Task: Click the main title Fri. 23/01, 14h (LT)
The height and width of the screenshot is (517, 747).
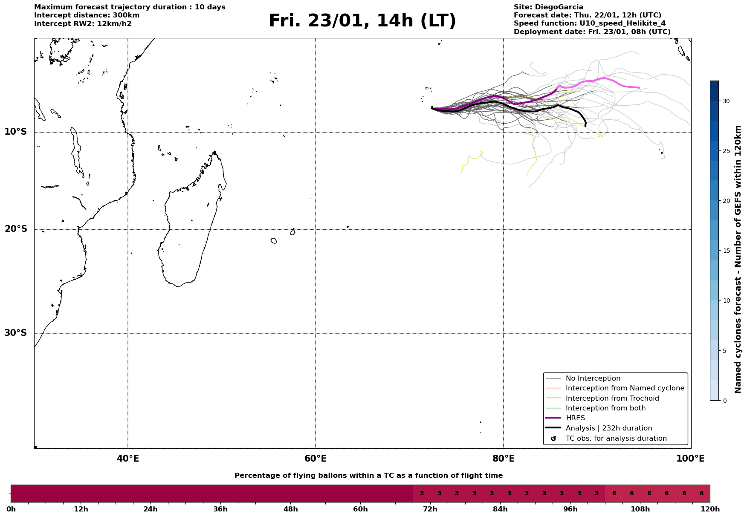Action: (362, 21)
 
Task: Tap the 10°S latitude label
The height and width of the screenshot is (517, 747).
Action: (16, 132)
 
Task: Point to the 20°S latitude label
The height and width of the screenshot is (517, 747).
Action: (16, 229)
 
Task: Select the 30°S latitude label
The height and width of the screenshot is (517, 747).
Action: (16, 333)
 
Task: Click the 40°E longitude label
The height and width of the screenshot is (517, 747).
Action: (128, 459)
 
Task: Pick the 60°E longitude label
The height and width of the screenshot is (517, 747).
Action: (316, 459)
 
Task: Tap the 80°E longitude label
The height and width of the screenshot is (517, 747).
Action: (503, 459)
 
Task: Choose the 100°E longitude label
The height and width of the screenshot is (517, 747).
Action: (690, 459)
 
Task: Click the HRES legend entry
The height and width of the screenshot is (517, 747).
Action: (575, 418)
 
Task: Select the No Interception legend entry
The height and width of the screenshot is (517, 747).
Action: (593, 378)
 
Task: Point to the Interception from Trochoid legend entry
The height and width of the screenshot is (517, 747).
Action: (612, 399)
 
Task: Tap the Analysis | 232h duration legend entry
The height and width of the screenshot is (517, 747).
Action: (608, 428)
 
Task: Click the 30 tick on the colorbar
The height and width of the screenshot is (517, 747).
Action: (726, 101)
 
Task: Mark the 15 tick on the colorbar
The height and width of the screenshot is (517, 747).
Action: (726, 251)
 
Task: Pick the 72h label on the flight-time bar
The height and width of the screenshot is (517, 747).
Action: (430, 509)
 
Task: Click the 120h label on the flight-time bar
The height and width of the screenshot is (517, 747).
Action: (710, 509)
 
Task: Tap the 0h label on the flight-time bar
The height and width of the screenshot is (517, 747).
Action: (11, 509)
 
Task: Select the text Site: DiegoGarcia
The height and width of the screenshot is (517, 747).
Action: (548, 7)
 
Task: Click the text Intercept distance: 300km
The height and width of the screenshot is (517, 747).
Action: (87, 15)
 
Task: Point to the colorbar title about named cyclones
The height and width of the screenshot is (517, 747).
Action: (738, 259)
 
